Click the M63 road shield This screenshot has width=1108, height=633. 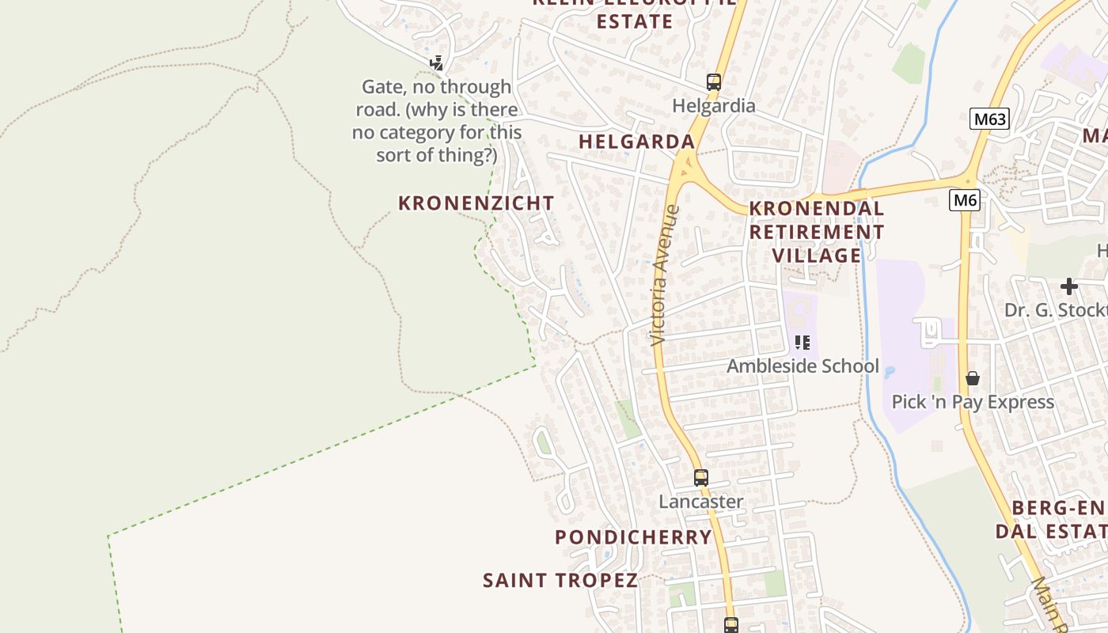(x=989, y=119)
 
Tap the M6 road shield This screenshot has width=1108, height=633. (x=965, y=200)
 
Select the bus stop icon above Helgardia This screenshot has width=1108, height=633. (x=713, y=81)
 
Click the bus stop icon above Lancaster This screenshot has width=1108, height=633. (x=700, y=477)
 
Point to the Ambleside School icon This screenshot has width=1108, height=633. (x=803, y=343)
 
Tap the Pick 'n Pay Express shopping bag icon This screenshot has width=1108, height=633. (x=973, y=378)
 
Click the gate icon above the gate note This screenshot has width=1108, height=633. (x=436, y=63)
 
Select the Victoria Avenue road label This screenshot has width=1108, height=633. (x=664, y=275)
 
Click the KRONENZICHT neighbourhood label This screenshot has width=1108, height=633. (x=476, y=203)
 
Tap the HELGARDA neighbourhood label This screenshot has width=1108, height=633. (x=636, y=142)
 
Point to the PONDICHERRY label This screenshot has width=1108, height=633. (x=633, y=537)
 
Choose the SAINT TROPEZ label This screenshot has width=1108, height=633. (x=560, y=580)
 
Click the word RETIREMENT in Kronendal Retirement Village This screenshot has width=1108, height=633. (x=817, y=232)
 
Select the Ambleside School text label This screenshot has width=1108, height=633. (x=803, y=366)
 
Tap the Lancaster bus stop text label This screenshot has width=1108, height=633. (x=700, y=502)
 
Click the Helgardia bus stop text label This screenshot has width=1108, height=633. (x=713, y=105)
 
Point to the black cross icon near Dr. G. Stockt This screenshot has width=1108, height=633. (x=1069, y=286)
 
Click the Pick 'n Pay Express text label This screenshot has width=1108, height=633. (x=973, y=402)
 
